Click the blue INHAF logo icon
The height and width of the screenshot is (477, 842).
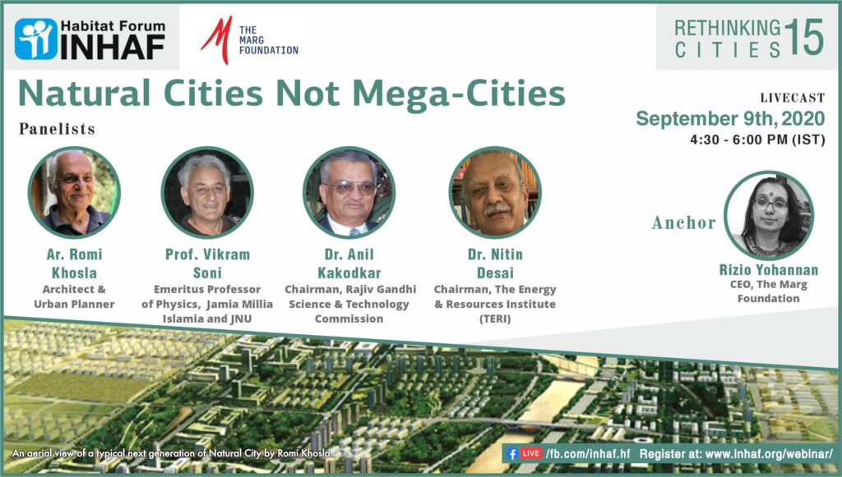pyautogui.click(x=36, y=39)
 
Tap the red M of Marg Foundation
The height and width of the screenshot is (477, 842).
pyautogui.click(x=216, y=39)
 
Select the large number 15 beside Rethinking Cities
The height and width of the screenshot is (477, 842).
pyautogui.click(x=803, y=37)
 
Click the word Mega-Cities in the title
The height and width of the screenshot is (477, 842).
pyautogui.click(x=459, y=94)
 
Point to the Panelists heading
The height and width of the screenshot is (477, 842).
pyautogui.click(x=57, y=129)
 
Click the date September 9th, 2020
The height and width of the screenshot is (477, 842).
pyautogui.click(x=730, y=118)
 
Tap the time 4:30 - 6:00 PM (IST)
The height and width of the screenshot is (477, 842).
pyautogui.click(x=757, y=140)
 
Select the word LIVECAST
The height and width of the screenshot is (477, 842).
pyautogui.click(x=792, y=98)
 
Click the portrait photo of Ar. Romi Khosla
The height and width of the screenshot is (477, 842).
pyautogui.click(x=74, y=192)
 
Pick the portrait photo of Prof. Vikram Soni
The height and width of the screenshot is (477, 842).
pyautogui.click(x=207, y=192)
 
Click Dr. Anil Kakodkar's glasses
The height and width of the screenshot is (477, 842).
pyautogui.click(x=350, y=187)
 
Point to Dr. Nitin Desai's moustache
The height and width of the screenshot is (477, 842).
pyautogui.click(x=497, y=208)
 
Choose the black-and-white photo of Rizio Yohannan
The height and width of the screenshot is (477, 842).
pyautogui.click(x=769, y=215)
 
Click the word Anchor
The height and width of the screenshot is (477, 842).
pyautogui.click(x=683, y=222)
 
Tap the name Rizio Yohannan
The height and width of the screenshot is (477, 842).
pyautogui.click(x=769, y=269)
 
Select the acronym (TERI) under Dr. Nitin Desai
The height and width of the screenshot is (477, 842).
pyautogui.click(x=495, y=319)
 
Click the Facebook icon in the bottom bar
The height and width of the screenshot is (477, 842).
pyautogui.click(x=511, y=454)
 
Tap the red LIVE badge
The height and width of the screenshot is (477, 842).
pyautogui.click(x=530, y=453)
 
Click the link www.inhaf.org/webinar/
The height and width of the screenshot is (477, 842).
pyautogui.click(x=769, y=454)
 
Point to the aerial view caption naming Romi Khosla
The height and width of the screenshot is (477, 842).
pyautogui.click(x=171, y=453)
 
